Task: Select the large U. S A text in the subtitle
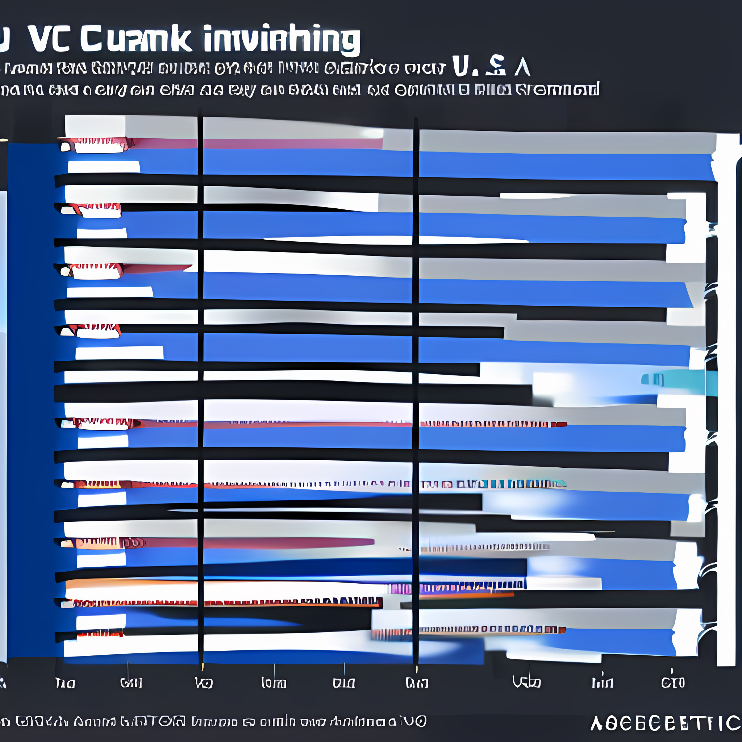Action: click(x=492, y=66)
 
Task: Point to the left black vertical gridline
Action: click(x=200, y=384)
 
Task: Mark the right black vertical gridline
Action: click(x=416, y=384)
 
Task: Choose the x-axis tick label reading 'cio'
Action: click(x=673, y=683)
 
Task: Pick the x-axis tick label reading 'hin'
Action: click(x=602, y=683)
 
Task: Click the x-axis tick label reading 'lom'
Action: click(x=274, y=683)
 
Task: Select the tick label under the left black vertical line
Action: click(x=204, y=683)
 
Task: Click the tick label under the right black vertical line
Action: click(x=417, y=683)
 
